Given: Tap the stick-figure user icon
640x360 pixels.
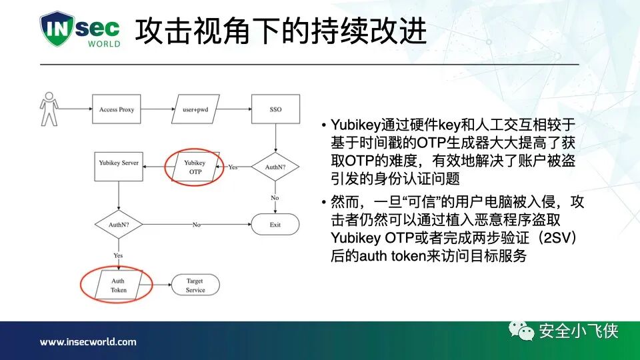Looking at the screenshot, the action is (49, 109).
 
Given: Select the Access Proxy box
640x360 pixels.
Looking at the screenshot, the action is (117, 109).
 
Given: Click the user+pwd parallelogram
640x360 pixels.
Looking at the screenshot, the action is (196, 109).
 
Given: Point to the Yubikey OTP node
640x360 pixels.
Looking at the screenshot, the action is (195, 167).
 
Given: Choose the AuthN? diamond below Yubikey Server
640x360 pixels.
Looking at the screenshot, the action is (118, 225).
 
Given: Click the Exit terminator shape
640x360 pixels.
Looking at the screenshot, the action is (275, 225).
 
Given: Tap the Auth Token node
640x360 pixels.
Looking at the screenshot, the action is (118, 285).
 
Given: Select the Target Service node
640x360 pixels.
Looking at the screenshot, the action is (195, 285).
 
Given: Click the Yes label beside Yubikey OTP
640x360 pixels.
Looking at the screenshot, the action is (233, 167).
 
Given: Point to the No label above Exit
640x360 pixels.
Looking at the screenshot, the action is (275, 198).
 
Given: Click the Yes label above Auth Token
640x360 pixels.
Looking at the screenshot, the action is (118, 255).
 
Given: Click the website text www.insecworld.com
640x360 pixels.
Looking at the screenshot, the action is (88, 342).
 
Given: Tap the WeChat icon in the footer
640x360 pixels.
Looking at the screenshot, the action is (521, 331).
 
